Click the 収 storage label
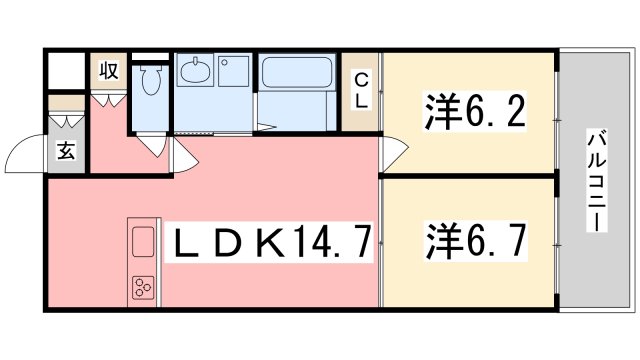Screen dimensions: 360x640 tap(108, 71)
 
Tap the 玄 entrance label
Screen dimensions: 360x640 tap(65, 152)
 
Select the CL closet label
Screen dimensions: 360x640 tap(360, 89)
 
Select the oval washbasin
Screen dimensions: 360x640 tap(195, 72)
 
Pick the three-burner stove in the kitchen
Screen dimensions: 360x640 tap(142, 290)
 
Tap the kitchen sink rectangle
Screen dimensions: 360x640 tap(143, 244)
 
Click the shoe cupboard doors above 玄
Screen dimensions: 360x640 tap(65, 117)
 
